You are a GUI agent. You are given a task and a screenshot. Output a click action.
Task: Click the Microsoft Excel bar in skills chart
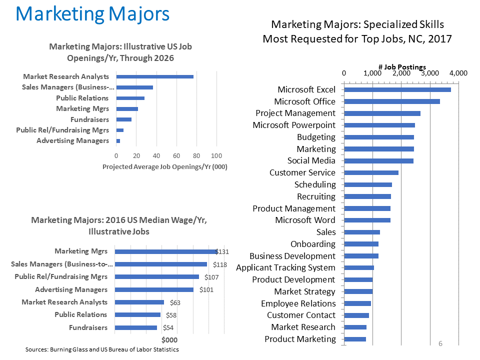click(397, 89)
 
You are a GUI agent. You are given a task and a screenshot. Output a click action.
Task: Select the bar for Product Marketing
click(355, 339)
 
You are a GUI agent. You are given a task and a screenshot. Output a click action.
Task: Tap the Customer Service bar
click(371, 172)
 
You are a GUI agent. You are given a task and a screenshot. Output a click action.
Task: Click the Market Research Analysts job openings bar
click(154, 76)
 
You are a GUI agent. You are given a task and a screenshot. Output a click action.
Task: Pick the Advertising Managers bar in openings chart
click(118, 141)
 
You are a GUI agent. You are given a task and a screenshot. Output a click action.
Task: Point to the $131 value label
click(222, 251)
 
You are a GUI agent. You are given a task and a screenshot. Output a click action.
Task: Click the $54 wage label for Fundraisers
click(169, 328)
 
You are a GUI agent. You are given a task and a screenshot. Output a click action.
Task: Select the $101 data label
click(206, 289)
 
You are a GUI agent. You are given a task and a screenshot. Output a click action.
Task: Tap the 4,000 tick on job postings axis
click(458, 73)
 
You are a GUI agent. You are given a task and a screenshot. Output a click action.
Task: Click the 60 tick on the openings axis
click(176, 155)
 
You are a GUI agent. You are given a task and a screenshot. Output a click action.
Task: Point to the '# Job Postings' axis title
click(402, 67)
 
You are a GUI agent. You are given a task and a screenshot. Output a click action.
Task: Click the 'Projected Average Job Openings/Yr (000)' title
click(164, 166)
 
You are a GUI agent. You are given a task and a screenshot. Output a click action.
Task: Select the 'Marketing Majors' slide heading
click(92, 14)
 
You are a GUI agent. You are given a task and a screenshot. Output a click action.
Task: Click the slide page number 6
click(440, 343)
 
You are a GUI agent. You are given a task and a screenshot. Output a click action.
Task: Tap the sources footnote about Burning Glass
click(102, 349)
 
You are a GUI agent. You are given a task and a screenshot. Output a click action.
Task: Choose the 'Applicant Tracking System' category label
click(285, 268)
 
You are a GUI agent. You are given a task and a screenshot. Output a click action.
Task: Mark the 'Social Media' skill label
click(311, 161)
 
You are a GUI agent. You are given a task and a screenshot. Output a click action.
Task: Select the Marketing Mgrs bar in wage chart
click(165, 251)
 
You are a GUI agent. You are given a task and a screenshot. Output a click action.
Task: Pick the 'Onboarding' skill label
click(313, 244)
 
